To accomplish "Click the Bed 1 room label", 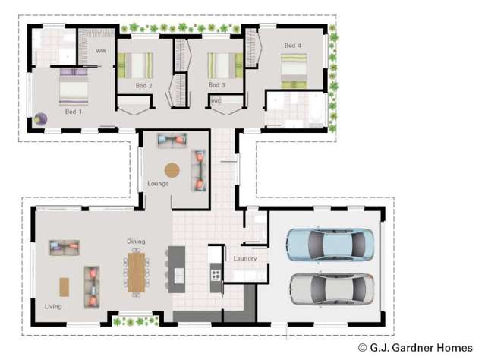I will coord(72,112).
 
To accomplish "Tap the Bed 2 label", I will coord(143,86).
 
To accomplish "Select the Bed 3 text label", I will coord(216,85).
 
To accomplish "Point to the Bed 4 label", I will coord(292,46).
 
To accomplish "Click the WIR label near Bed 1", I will coord(100,50).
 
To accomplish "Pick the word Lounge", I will coord(158,184).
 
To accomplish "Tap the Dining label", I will coord(136,242).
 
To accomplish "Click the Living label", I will coord(52,307).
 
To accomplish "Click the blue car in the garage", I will coord(329,245).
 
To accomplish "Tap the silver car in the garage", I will coord(331,289).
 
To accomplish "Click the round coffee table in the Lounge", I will coord(172,170).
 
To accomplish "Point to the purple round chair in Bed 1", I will coord(40,118).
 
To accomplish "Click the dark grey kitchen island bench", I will coord(178,268).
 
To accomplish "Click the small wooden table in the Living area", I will coord(64,286).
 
